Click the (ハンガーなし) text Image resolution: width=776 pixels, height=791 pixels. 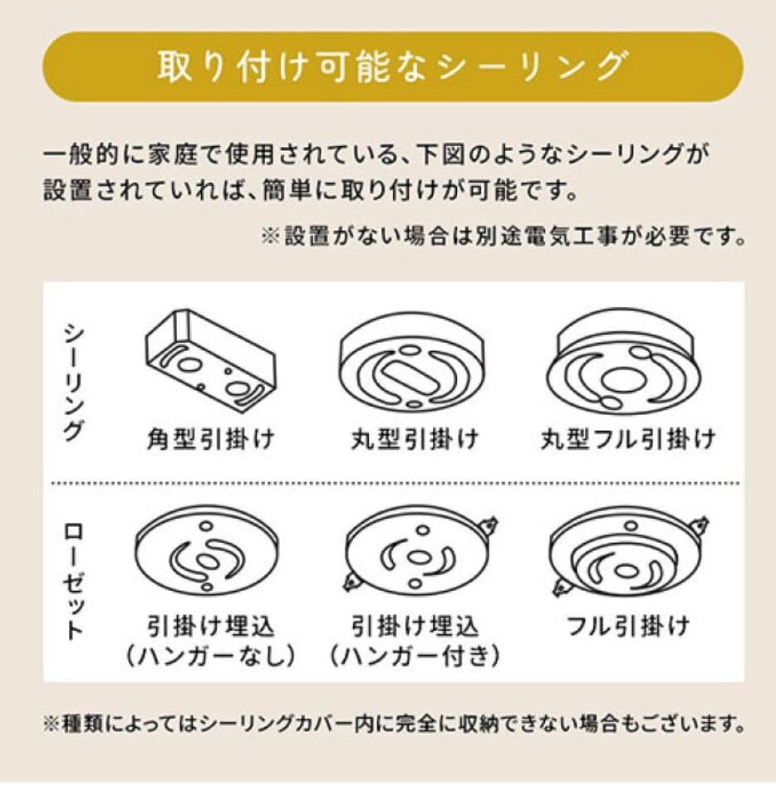211,657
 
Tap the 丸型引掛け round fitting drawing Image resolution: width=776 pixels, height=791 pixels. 412,365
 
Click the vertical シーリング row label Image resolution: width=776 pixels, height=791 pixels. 74,381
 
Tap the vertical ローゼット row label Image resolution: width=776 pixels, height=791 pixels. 74,581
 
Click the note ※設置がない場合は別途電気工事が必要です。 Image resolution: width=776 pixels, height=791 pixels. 502,237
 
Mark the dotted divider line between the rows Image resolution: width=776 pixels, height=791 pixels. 395,482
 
